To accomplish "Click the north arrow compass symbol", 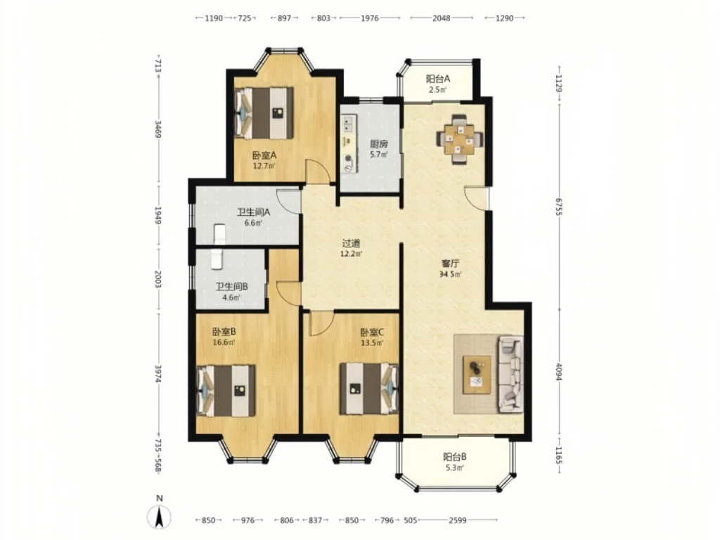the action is coord(160,516).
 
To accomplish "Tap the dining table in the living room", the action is coord(460,139).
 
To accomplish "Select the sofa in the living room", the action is coord(510,373).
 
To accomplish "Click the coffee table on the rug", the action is coord(477,374).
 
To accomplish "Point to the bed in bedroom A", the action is coord(264,113).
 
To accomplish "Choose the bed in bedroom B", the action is coord(226,391).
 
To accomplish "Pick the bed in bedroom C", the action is coord(368,388).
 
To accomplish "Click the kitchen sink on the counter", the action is coord(347,123).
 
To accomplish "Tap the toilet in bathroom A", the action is coord(220,233).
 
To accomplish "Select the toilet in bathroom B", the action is coord(217,259).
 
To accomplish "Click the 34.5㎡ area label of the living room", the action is coord(451,275).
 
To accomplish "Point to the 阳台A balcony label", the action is coord(438,79).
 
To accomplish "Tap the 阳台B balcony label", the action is coord(455,457).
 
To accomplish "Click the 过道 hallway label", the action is coord(351,243).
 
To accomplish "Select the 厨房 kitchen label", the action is coord(379,143).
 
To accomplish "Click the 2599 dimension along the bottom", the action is coord(457,520).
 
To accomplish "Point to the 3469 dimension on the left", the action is coord(157,129).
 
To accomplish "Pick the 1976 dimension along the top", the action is coord(370,18).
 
